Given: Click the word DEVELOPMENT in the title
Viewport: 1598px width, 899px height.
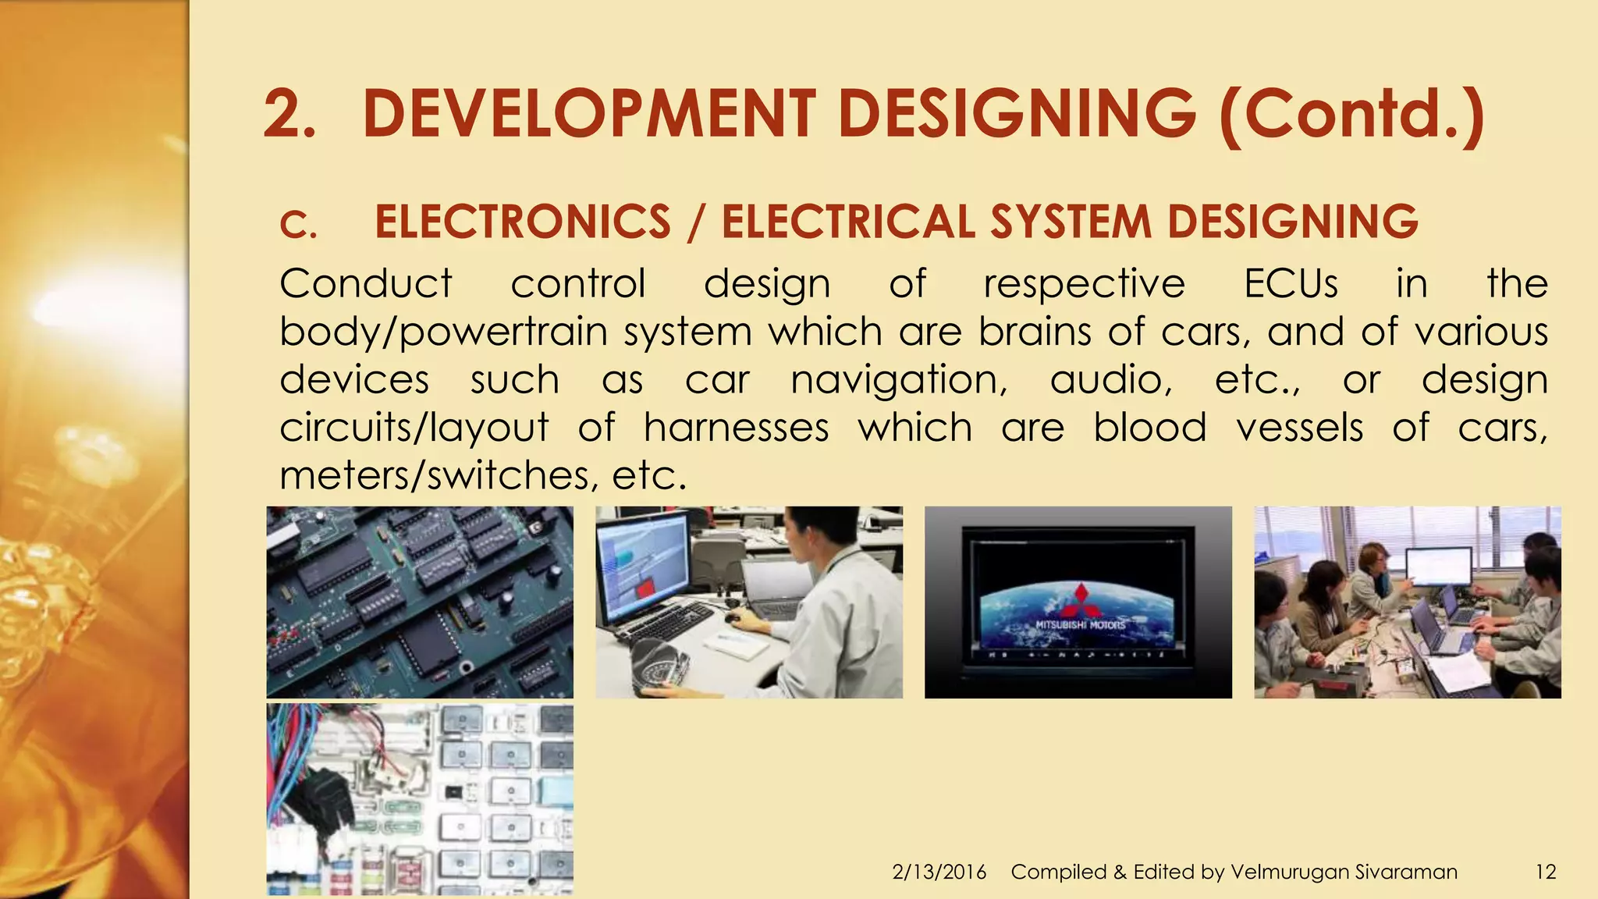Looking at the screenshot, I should pos(589,114).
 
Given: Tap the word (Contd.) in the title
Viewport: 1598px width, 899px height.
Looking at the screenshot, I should pos(1351,115).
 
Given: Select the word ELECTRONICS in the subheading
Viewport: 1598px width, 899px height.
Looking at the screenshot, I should pos(523,222).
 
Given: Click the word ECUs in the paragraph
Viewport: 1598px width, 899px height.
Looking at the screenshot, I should pos(1291,283).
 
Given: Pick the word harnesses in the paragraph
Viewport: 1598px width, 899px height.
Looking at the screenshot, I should pos(736,428).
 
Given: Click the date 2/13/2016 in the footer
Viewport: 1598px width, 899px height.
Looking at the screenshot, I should pos(939,872).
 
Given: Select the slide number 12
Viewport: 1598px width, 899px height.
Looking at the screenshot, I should pos(1545,872).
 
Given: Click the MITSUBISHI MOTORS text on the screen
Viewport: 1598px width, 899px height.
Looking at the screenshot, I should pos(1080,625).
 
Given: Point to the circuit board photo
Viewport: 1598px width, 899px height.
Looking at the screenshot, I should pos(420,602).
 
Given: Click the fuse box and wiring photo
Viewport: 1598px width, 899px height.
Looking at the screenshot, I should pos(420,798).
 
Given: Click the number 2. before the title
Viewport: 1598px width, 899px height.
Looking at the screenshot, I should pos(289,115).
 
